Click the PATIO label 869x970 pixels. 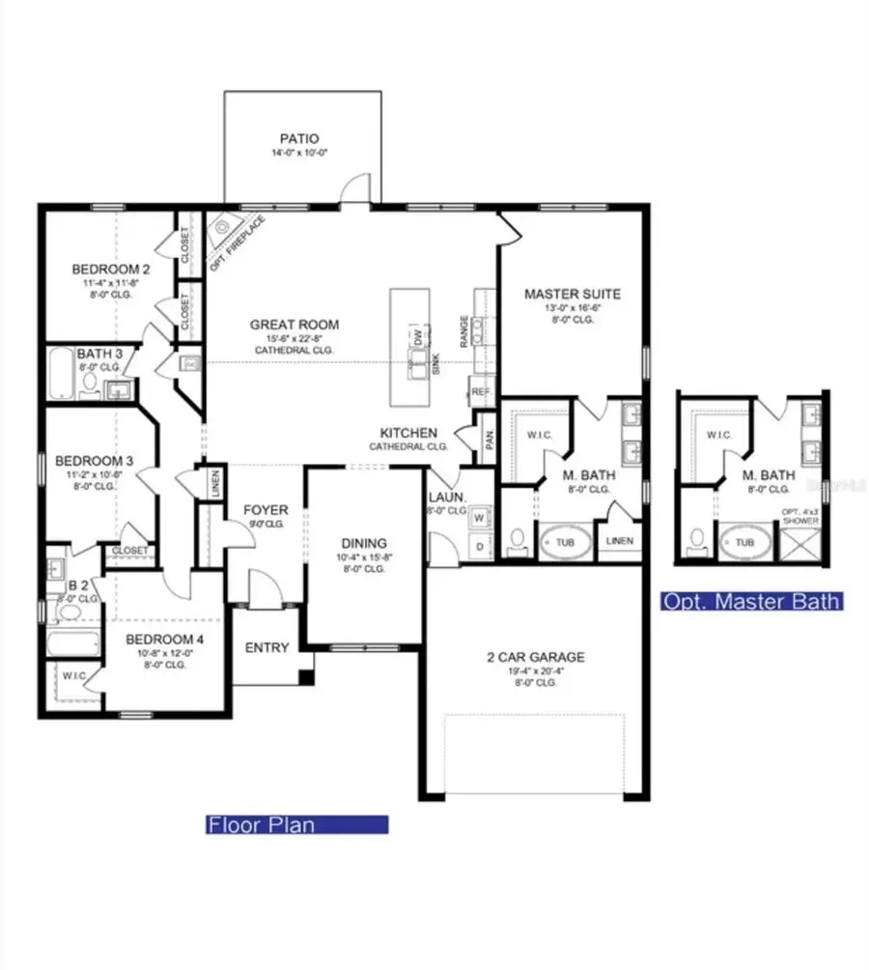[299, 139]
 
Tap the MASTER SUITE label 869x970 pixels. [572, 294]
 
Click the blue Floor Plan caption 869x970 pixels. [296, 825]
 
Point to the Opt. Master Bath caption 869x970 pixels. [750, 602]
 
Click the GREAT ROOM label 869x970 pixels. [294, 325]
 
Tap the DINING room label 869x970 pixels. [363, 543]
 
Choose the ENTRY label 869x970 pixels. [266, 647]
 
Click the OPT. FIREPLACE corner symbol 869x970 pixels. [224, 228]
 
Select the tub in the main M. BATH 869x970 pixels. [565, 543]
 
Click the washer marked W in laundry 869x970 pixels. [479, 517]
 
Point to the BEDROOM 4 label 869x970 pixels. [163, 638]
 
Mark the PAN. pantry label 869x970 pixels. [490, 440]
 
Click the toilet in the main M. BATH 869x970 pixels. [517, 541]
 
